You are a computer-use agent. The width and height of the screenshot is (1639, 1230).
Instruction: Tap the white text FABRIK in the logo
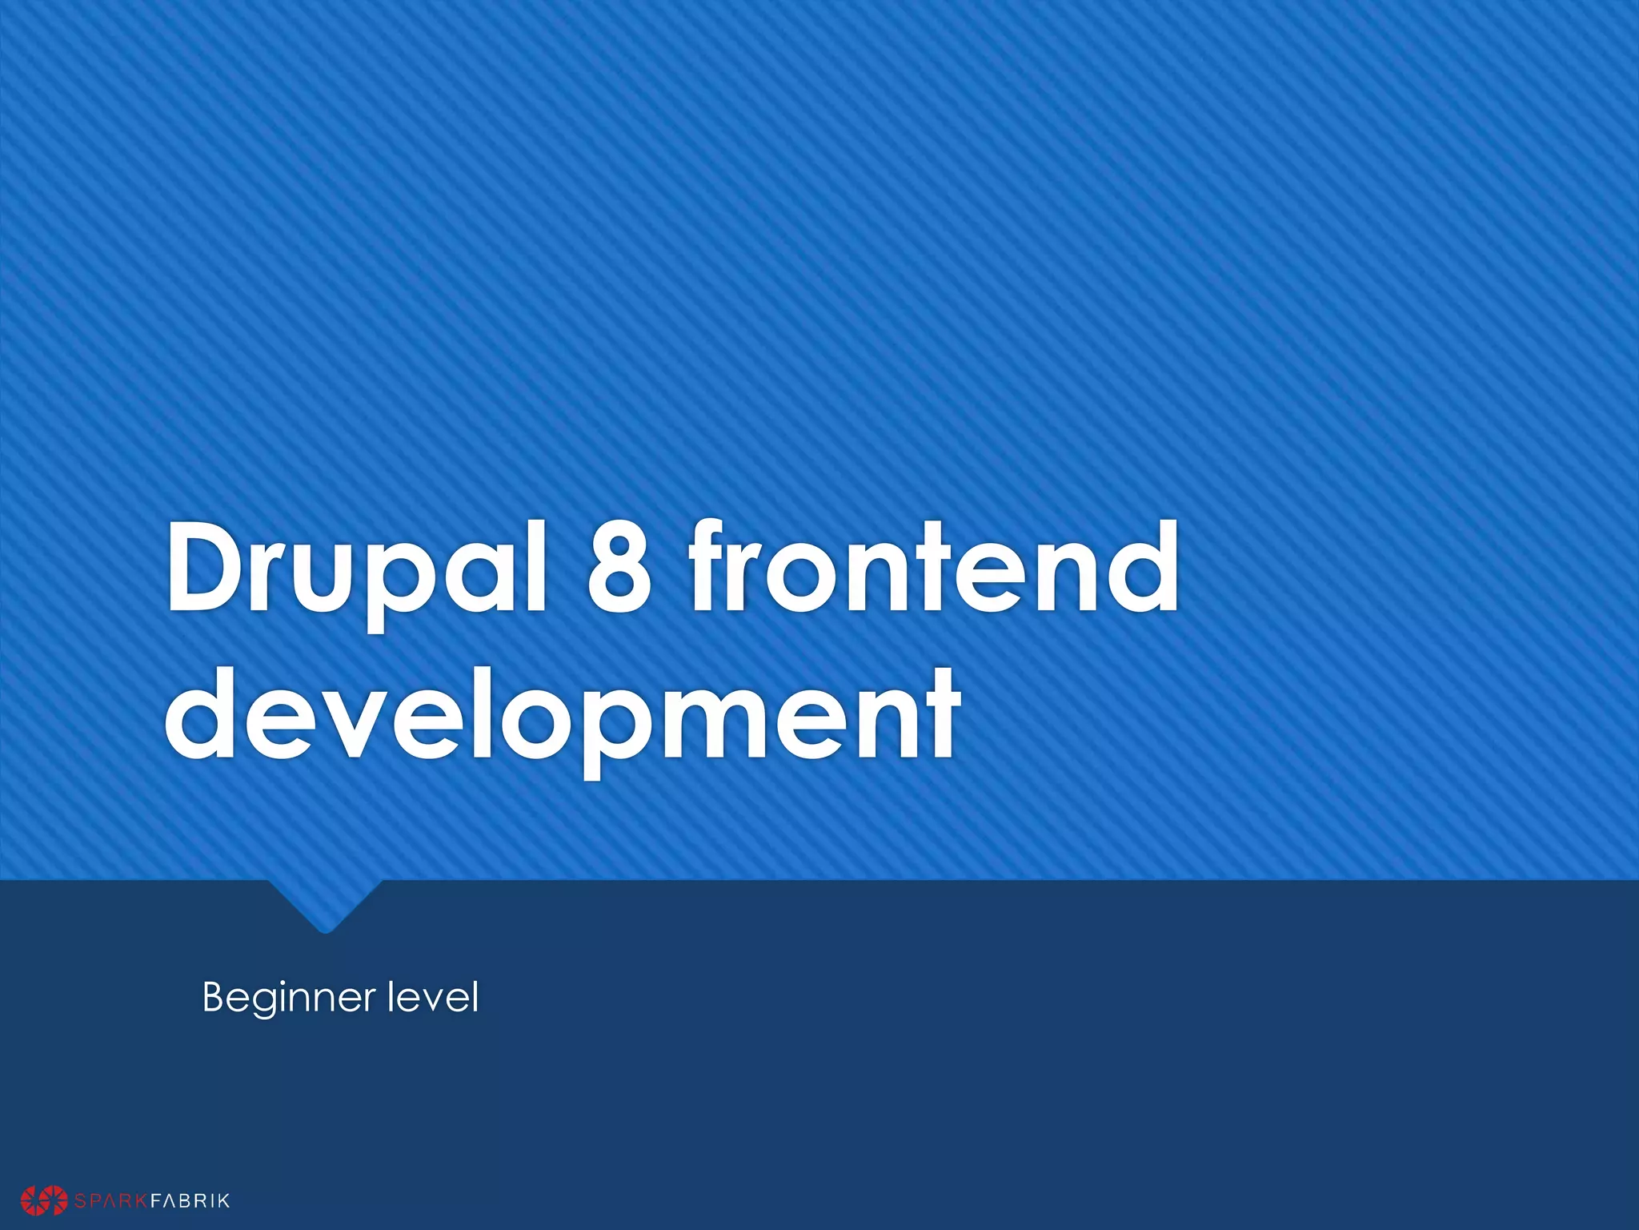tap(190, 1200)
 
